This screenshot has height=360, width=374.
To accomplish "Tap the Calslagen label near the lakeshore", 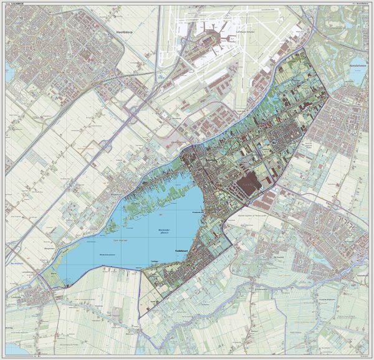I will (155, 260).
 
